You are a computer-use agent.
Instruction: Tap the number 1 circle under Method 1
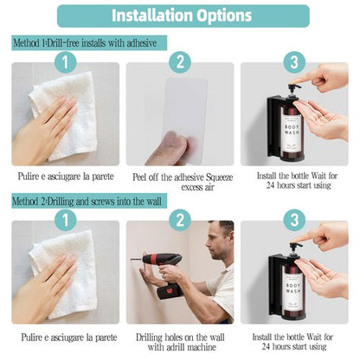tap(62, 61)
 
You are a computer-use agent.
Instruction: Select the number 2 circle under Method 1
tap(180, 61)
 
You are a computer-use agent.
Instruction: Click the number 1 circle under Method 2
tap(62, 221)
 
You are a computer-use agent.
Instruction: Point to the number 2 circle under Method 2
tap(180, 221)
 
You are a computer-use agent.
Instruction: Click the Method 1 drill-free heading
tap(85, 42)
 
